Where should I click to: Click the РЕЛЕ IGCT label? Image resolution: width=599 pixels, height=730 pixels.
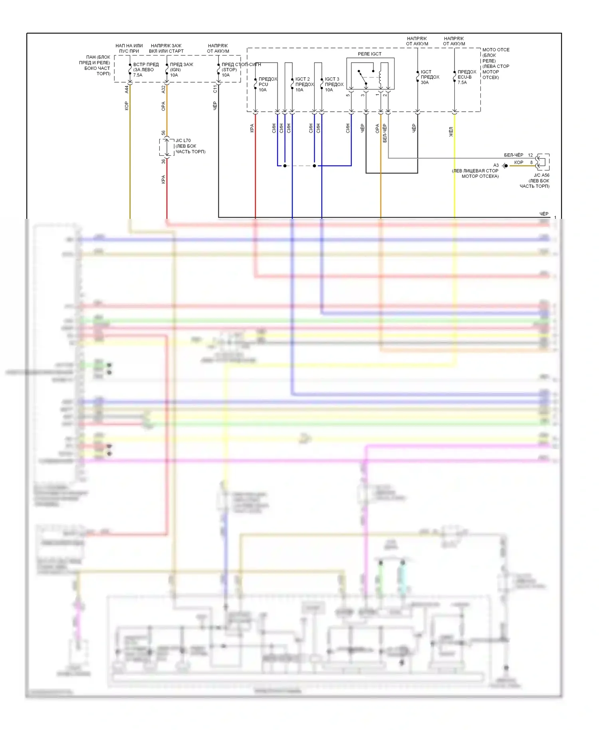(369, 54)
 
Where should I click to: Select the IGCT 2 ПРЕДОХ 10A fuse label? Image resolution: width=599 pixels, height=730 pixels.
(304, 84)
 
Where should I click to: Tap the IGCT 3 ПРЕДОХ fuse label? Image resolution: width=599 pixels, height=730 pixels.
(334, 84)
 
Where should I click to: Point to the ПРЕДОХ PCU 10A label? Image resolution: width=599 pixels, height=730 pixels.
(268, 84)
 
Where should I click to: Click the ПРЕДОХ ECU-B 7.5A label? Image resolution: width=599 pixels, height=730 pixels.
(466, 77)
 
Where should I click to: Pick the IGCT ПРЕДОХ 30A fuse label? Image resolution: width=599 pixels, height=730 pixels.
(430, 77)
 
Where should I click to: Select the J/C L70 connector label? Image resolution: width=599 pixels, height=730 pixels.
(190, 146)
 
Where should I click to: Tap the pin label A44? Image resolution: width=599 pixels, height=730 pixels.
(127, 89)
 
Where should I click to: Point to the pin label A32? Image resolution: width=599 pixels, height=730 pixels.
(163, 89)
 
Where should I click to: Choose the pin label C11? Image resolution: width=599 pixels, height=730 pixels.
(215, 89)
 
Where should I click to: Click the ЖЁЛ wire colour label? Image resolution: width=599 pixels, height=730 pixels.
(451, 132)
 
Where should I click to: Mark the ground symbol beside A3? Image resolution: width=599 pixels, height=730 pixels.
(505, 166)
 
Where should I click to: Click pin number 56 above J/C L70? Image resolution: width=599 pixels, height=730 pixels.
(163, 133)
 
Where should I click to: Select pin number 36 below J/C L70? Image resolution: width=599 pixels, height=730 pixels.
(163, 161)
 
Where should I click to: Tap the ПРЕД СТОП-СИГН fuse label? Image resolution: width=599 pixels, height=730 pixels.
(241, 69)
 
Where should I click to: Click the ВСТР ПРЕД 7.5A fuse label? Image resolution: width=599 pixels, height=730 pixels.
(146, 69)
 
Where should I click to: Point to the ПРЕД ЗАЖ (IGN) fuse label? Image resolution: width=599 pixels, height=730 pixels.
(181, 69)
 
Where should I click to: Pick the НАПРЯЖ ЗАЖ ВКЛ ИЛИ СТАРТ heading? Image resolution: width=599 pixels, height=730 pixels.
(166, 48)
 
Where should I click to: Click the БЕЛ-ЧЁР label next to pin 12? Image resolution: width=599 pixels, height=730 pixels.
(514, 155)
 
